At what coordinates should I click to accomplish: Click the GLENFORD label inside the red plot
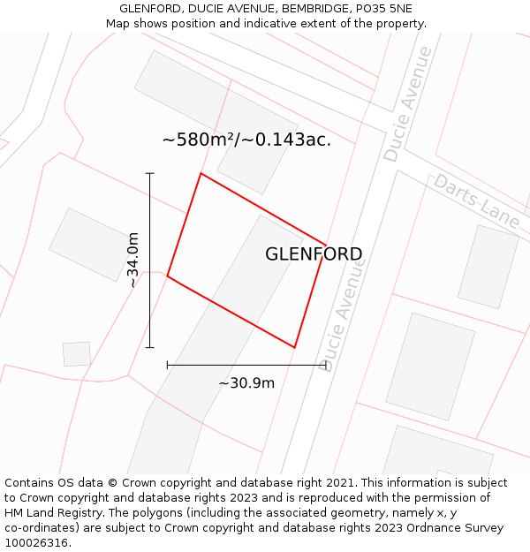point(314,254)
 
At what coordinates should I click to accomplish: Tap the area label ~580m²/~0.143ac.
point(246,140)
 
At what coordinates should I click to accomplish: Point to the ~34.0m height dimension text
point(132,260)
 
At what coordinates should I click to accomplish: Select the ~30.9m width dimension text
point(246,382)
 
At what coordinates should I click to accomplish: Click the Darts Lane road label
point(476,201)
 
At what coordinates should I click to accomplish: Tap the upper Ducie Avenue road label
point(408,103)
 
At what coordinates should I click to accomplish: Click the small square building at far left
point(77,353)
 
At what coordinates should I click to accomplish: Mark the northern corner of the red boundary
point(201,173)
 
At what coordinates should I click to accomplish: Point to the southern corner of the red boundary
point(294,347)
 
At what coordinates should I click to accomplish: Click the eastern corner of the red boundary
point(326,246)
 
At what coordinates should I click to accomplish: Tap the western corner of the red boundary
point(167,276)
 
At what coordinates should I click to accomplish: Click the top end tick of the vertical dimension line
point(150,173)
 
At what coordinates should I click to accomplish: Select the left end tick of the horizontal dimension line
point(167,364)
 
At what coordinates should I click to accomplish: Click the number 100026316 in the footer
point(35,542)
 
